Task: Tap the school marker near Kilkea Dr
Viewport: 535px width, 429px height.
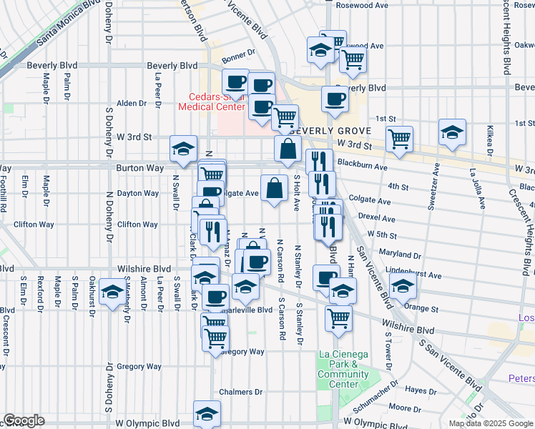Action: coord(452,132)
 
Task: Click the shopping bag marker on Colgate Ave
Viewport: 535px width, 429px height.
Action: coord(274,188)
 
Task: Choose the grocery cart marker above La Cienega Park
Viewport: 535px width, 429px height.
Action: coord(338,318)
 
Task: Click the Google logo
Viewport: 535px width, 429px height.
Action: coord(24,420)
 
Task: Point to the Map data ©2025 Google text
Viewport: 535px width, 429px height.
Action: coord(491,423)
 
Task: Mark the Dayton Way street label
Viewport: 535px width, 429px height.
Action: coord(138,193)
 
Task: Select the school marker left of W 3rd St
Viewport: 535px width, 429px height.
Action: coord(183,149)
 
